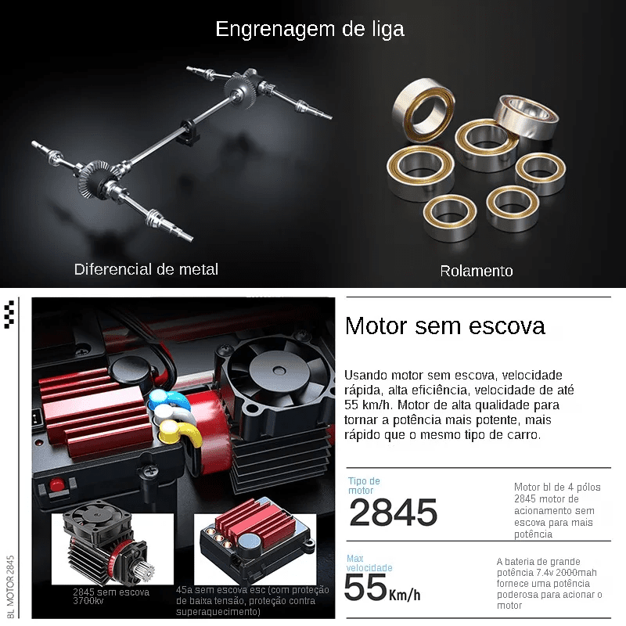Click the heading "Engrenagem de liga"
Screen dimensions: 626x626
coord(310,30)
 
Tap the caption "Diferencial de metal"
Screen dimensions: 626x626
coord(146,269)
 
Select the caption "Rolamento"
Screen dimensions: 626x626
coord(477,271)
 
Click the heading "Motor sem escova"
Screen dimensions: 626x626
coord(444,326)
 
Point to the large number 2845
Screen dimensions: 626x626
coord(394,513)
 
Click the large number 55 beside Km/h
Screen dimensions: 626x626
coord(365,588)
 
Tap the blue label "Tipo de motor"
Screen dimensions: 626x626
coord(364,485)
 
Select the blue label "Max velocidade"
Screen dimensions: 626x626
coord(369,563)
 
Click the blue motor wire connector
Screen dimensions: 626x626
coord(167,398)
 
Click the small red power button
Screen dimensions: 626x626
coord(56,485)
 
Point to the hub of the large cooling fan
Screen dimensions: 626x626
coord(279,372)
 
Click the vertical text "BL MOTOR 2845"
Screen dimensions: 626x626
coord(10,586)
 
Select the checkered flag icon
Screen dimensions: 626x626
coord(9,315)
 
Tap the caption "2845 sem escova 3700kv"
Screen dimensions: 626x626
coord(111,596)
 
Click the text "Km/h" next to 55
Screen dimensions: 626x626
coord(405,595)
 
